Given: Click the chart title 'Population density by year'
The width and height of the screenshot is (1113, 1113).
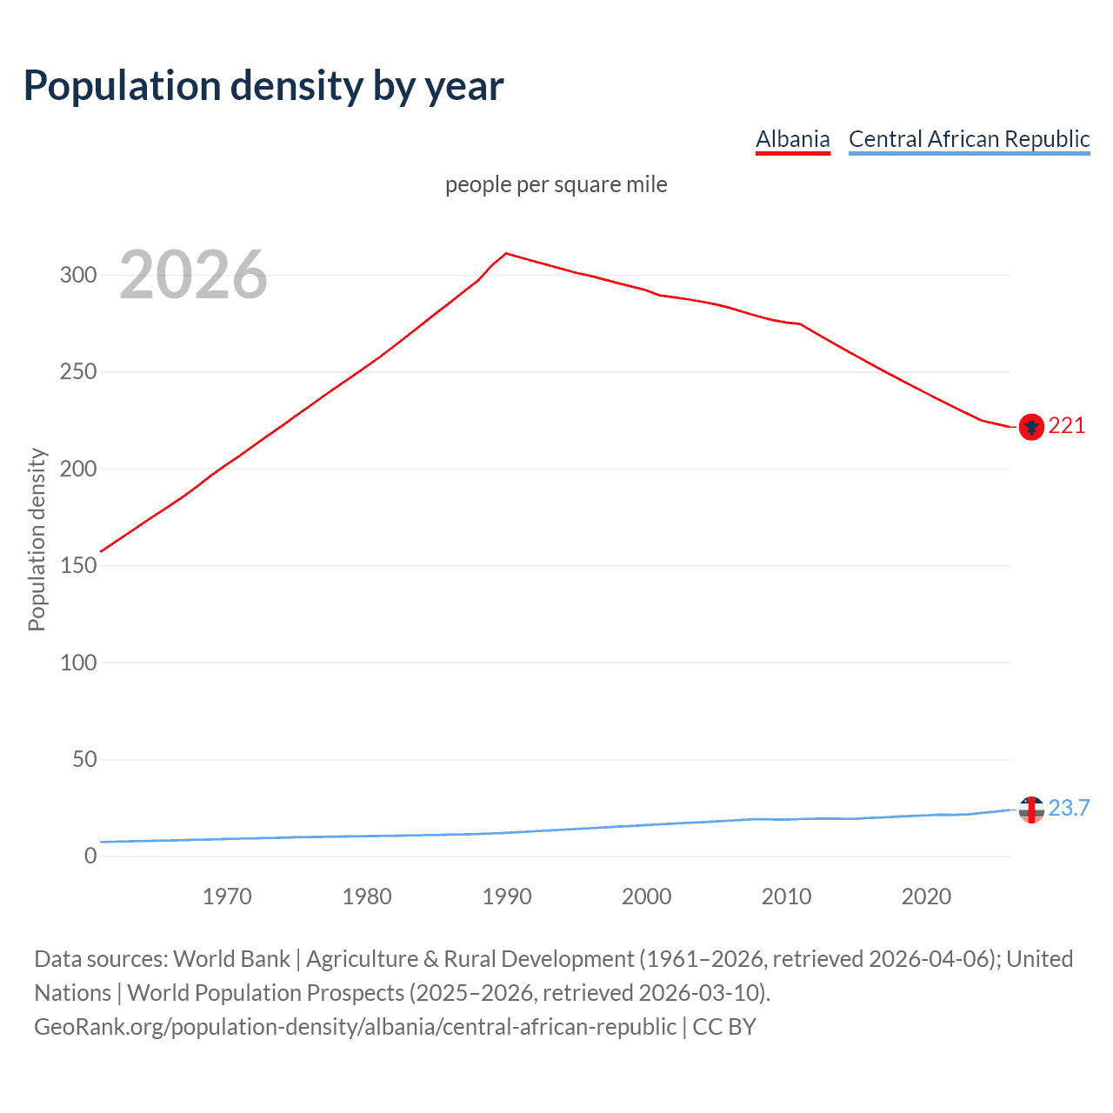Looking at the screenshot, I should [x=263, y=86].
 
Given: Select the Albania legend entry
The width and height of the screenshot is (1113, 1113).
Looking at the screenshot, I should [x=792, y=139].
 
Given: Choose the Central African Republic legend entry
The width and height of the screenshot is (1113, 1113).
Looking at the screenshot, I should [x=969, y=139].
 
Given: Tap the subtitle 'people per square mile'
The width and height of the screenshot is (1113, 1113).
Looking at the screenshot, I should [x=556, y=185].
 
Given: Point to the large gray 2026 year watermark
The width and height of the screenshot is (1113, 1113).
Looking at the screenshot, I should [x=193, y=276].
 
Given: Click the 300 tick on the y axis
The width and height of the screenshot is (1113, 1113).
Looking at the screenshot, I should [x=77, y=276].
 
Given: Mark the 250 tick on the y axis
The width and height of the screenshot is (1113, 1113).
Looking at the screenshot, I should [x=77, y=372].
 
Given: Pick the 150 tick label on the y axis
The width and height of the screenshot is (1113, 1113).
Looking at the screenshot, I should [x=77, y=566].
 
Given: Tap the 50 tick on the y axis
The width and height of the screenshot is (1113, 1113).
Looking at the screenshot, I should [x=83, y=760].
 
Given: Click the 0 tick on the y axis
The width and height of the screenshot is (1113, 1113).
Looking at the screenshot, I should [x=90, y=856].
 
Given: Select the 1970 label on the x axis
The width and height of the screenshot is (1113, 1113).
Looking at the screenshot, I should [x=227, y=896].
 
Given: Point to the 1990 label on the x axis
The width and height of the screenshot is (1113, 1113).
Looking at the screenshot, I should [x=507, y=896].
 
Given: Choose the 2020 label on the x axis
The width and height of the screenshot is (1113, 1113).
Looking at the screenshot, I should [x=926, y=896].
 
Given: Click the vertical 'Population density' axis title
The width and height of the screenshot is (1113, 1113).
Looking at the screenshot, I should [x=37, y=539].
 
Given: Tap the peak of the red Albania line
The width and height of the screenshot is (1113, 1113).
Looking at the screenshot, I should [x=507, y=254].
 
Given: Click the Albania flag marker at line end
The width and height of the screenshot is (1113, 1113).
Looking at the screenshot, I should [x=1031, y=427].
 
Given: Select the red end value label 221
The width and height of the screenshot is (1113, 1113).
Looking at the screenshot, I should [x=1067, y=426].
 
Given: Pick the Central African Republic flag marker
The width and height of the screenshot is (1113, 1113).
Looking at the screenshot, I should [x=1031, y=810].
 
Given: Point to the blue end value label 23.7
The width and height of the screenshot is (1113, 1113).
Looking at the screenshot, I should [x=1069, y=809].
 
